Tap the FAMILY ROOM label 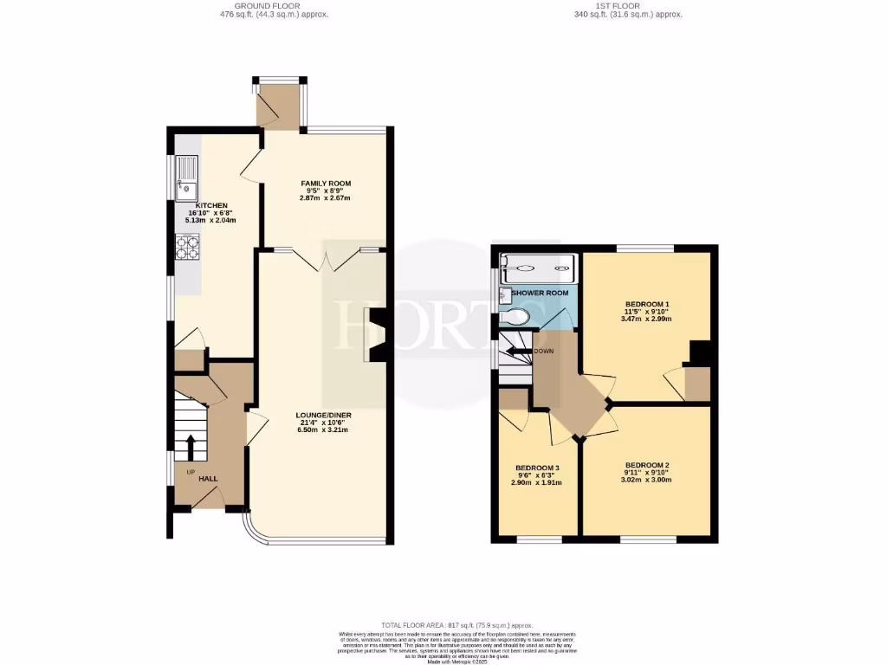coord(326,184)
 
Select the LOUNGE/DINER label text coord(322,415)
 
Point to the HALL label coord(208,478)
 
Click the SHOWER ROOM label coord(540,294)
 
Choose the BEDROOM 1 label coord(647,304)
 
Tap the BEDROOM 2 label coord(646,465)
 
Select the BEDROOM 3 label coord(537,468)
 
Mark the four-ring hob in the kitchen coord(187,249)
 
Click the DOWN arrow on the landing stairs coord(518,352)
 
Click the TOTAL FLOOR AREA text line coord(457,625)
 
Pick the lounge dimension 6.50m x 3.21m coord(322,429)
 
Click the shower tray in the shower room coord(537,268)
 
